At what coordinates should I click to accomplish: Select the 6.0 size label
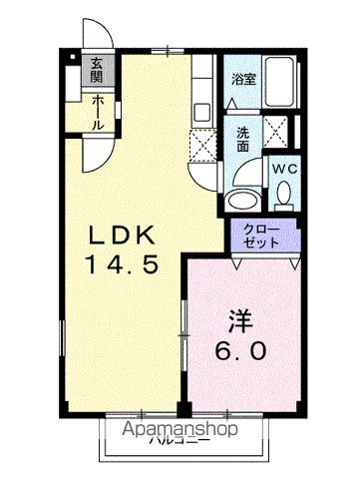pyautogui.click(x=239, y=353)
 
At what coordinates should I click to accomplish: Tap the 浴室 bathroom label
pyautogui.click(x=243, y=79)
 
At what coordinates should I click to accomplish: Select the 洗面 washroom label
pyautogui.click(x=243, y=136)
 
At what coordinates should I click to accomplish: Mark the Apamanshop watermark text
pyautogui.click(x=180, y=429)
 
